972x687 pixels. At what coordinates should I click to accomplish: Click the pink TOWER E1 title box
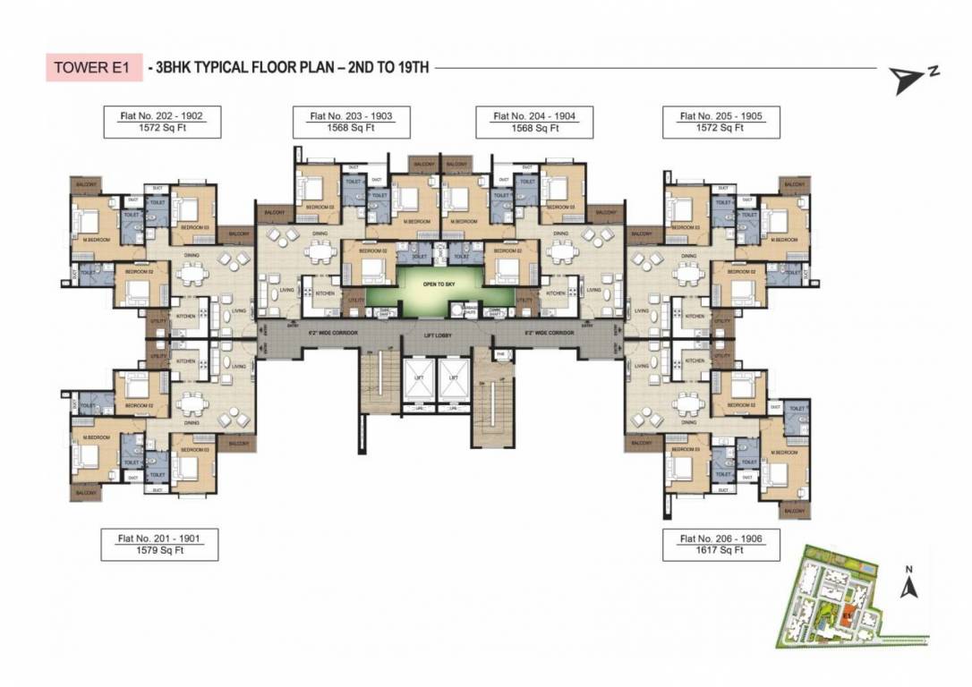point(94,68)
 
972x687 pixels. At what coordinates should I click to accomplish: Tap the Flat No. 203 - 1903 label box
point(350,122)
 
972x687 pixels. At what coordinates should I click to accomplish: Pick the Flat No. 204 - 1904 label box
point(533,122)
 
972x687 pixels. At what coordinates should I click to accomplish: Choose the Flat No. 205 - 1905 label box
point(720,122)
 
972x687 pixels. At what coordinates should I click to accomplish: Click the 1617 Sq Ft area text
point(720,551)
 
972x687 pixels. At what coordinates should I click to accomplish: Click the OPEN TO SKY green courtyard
point(455,287)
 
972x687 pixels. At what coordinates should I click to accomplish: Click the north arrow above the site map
point(908,587)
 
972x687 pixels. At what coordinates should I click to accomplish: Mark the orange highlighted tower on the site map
point(848,615)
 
